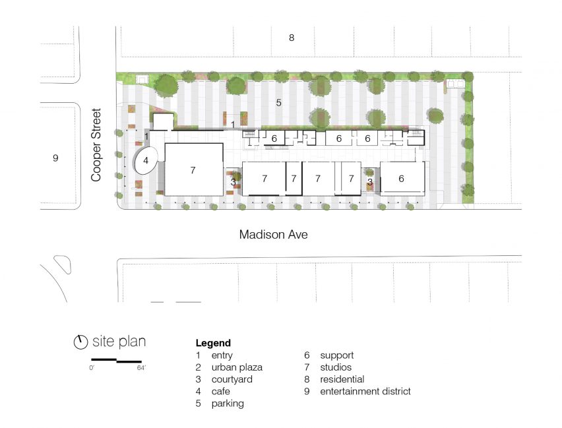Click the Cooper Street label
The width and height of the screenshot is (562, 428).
tap(96, 145)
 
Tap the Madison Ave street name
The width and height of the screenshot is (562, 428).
tap(274, 234)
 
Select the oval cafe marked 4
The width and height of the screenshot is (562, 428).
tap(146, 161)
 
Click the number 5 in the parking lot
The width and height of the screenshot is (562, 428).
tap(278, 103)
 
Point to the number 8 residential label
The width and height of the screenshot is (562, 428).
tap(292, 38)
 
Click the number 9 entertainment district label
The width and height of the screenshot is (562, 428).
tap(55, 158)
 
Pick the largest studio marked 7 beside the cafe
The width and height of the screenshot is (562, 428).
tap(193, 169)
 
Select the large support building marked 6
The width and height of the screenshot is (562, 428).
tap(402, 179)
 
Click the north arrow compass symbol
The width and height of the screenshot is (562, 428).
tap(80, 342)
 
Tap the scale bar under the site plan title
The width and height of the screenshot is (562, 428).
tap(117, 360)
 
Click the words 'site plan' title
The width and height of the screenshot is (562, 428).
tap(119, 341)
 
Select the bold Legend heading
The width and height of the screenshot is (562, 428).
tap(213, 343)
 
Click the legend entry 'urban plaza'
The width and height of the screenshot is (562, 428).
tap(237, 367)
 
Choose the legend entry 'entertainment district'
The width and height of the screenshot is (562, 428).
tap(365, 391)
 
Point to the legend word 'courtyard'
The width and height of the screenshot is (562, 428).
tap(232, 379)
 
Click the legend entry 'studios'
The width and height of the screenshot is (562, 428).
tap(336, 367)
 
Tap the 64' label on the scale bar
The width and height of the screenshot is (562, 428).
tap(142, 368)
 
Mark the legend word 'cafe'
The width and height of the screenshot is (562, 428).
tap(220, 392)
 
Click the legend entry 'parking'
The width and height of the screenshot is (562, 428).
tap(228, 404)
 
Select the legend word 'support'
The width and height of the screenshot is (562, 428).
tap(337, 355)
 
